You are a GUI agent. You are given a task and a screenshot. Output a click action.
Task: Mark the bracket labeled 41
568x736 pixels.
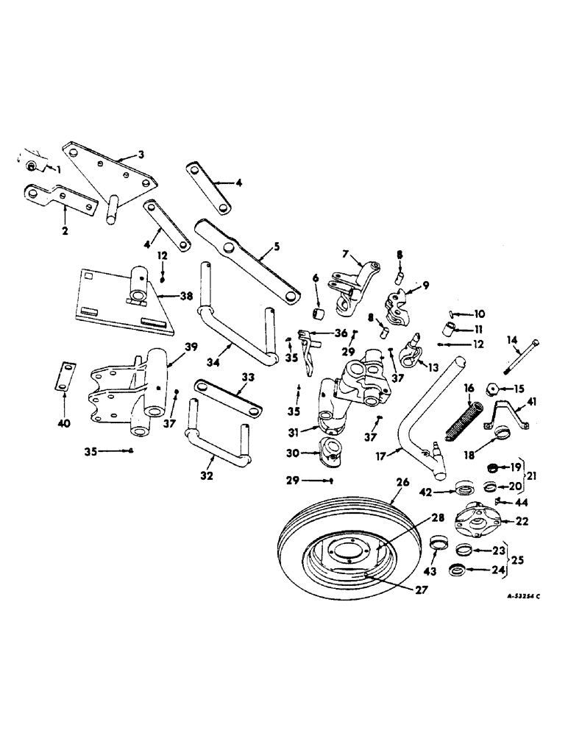pyautogui.click(x=507, y=417)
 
